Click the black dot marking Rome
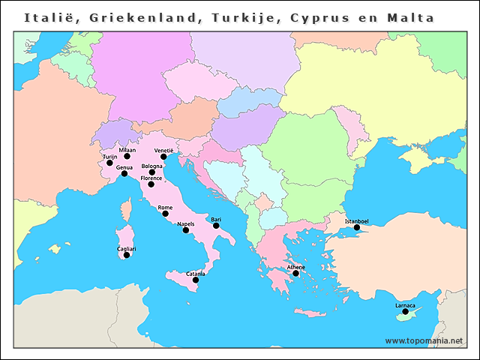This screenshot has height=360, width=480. pyautogui.click(x=165, y=214)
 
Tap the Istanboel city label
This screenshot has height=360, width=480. pyautogui.click(x=356, y=221)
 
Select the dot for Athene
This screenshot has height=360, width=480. pyautogui.click(x=296, y=274)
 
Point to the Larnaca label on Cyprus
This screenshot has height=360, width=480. pyautogui.click(x=405, y=305)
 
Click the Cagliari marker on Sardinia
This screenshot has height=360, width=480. pyautogui.click(x=126, y=255)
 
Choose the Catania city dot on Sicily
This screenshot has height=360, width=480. pyautogui.click(x=196, y=280)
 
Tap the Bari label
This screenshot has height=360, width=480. pyautogui.click(x=216, y=219)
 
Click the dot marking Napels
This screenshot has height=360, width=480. pyautogui.click(x=186, y=230)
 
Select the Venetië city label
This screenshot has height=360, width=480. pyautogui.click(x=163, y=151)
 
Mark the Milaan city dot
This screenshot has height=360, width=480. pyautogui.click(x=127, y=157)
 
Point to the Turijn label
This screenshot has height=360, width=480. pyautogui.click(x=109, y=157)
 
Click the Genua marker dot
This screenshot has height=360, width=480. pyautogui.click(x=124, y=174)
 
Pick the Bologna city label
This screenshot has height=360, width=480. pyautogui.click(x=151, y=166)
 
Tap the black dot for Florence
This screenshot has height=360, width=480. pyautogui.click(x=151, y=184)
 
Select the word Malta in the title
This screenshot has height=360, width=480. pyautogui.click(x=411, y=17)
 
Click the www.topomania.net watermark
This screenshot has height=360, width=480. pyautogui.click(x=424, y=340)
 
